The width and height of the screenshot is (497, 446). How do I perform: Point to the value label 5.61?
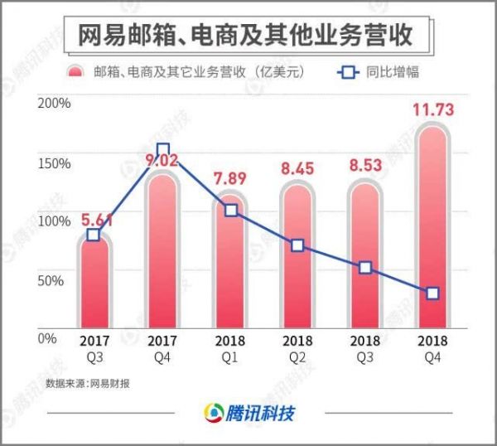[x=96, y=220]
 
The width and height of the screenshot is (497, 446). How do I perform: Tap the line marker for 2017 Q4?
[x=162, y=152]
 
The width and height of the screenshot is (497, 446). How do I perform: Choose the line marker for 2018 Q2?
[x=297, y=245]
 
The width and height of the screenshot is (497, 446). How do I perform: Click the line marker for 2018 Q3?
[x=365, y=268]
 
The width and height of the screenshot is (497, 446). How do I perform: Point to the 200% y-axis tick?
[x=55, y=104]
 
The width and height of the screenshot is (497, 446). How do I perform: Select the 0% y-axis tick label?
[x=48, y=338]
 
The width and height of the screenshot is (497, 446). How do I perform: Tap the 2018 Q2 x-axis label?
[x=297, y=348]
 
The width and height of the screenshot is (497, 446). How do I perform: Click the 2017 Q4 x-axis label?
[x=162, y=348]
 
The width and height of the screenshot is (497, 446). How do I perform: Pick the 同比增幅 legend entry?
[x=378, y=72]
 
